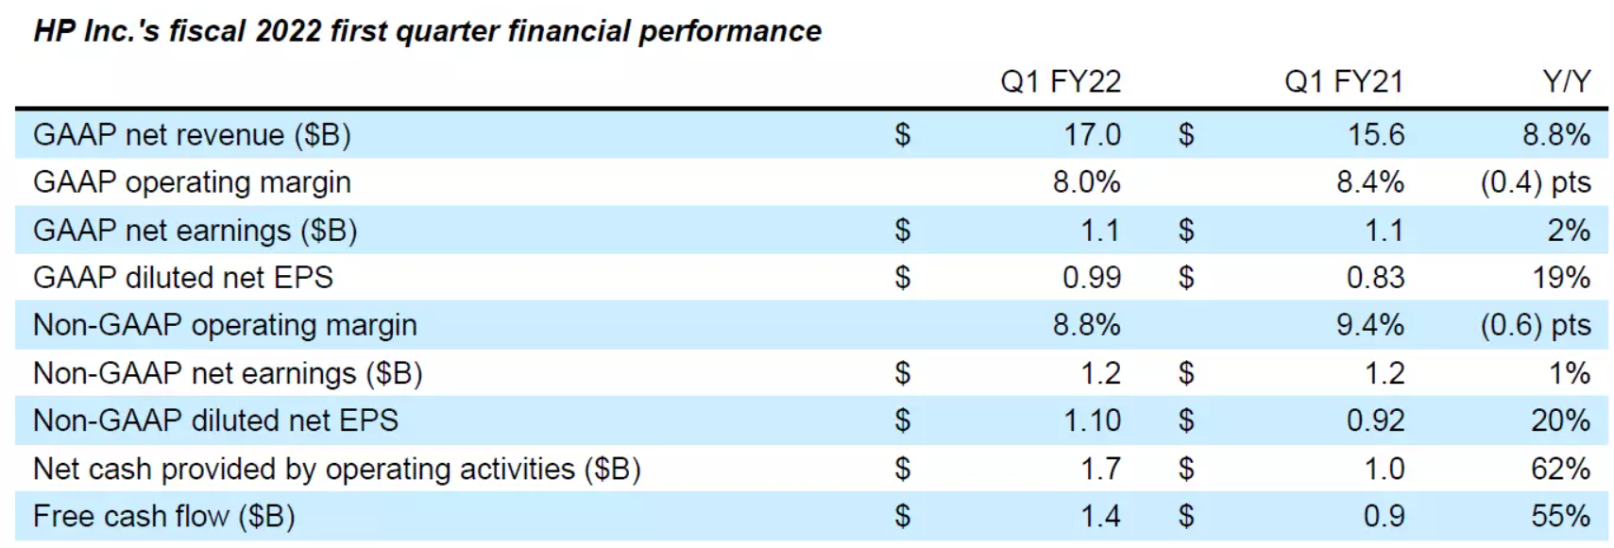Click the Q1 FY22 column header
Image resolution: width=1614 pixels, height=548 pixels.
tap(1061, 82)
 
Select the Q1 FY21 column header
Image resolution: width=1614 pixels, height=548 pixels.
tap(1344, 82)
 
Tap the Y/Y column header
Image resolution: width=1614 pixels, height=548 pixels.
tap(1567, 82)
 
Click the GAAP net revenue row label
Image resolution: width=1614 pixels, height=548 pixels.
tap(192, 135)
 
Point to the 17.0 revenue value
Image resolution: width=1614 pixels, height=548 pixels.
tap(1093, 135)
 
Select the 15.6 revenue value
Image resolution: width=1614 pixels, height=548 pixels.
tap(1376, 135)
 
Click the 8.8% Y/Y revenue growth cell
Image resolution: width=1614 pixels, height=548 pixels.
tap(1556, 135)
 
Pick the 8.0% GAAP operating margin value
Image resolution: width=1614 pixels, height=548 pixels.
tap(1087, 182)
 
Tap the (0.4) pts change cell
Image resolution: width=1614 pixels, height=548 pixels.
tap(1536, 182)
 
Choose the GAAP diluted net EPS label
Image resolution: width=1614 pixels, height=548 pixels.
tap(183, 278)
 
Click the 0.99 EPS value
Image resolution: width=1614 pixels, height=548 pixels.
tap(1092, 278)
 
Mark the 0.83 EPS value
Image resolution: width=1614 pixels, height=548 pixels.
tap(1376, 278)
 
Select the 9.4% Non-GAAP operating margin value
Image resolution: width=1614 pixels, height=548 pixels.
tap(1370, 325)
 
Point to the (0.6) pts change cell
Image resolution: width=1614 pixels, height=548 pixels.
tap(1536, 325)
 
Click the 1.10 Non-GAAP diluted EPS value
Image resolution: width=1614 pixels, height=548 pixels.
tap(1093, 420)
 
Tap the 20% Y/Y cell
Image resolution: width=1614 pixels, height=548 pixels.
tap(1561, 420)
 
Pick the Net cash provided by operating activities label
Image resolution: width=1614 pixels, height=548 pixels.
tap(336, 469)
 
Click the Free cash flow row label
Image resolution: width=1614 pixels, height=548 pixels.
tap(163, 516)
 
